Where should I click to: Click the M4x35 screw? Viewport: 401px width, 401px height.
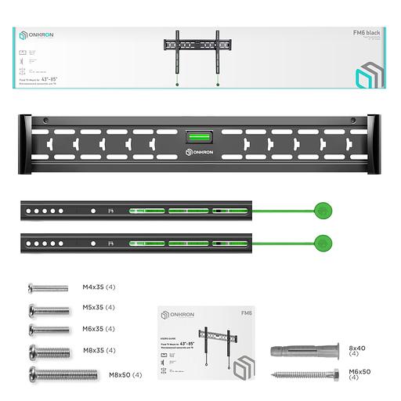click(x=47, y=287)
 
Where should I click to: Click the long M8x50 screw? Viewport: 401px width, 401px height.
click(x=63, y=374)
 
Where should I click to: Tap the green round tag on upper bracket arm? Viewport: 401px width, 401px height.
click(x=320, y=210)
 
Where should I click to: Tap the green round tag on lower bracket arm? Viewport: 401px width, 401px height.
click(x=320, y=242)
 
